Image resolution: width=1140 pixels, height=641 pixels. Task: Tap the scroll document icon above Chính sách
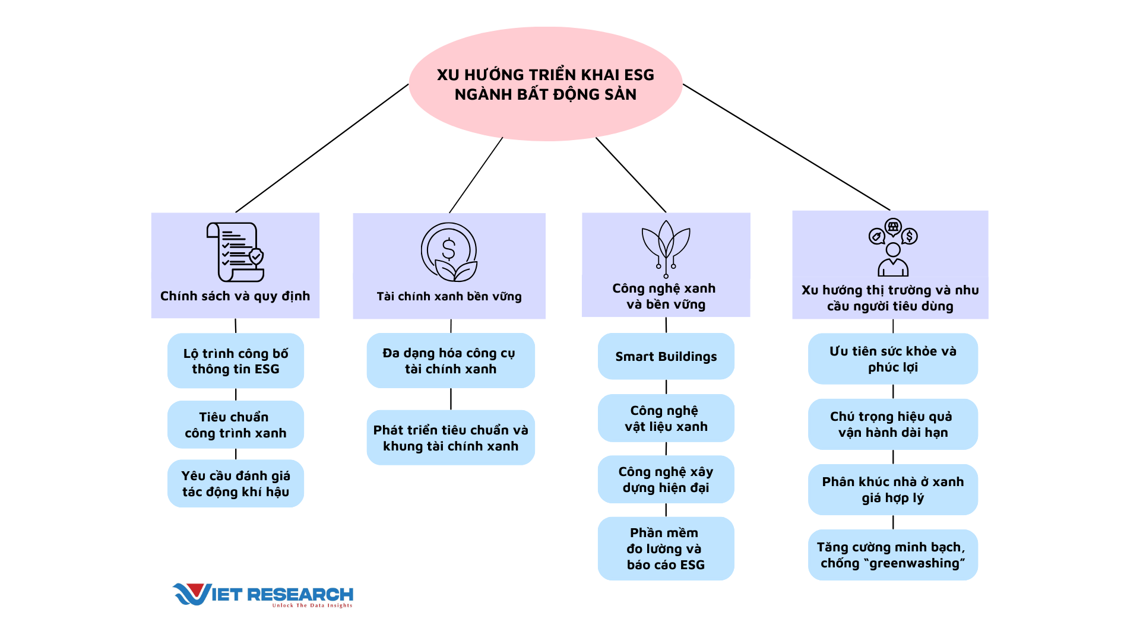point(235,252)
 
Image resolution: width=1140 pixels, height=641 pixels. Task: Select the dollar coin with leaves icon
point(449,252)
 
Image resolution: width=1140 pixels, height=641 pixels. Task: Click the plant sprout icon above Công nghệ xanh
point(666,248)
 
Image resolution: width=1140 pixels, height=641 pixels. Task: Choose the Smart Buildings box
point(666,356)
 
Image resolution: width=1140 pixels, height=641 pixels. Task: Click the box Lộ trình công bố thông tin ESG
point(236,361)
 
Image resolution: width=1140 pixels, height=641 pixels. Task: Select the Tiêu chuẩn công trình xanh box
point(236,424)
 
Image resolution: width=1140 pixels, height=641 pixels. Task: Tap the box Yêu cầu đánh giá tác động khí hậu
point(236,483)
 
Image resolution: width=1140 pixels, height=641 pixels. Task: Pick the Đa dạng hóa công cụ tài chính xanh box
point(450,360)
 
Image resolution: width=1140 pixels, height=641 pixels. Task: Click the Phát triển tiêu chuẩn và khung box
point(450,437)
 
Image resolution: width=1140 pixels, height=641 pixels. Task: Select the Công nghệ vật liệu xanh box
point(666,418)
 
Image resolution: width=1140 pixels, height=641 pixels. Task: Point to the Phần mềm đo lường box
point(666,548)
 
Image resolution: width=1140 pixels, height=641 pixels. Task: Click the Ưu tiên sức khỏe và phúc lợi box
point(892,358)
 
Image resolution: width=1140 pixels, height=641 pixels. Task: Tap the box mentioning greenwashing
point(892,555)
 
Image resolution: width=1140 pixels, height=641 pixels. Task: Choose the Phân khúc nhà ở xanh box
point(892,489)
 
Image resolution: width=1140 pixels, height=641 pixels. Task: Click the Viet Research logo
point(263,595)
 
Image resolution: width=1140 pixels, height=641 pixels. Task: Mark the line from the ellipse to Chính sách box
point(322,148)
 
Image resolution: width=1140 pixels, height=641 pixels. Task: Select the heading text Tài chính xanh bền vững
point(449,296)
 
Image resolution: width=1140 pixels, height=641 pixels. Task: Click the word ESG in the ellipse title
point(639,75)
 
